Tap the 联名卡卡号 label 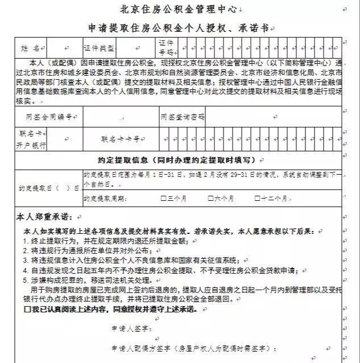121,138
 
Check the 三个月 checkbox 164,199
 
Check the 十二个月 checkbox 258,199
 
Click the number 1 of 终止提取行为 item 26,241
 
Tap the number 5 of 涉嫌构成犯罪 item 26,280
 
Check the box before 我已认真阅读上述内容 27,310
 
